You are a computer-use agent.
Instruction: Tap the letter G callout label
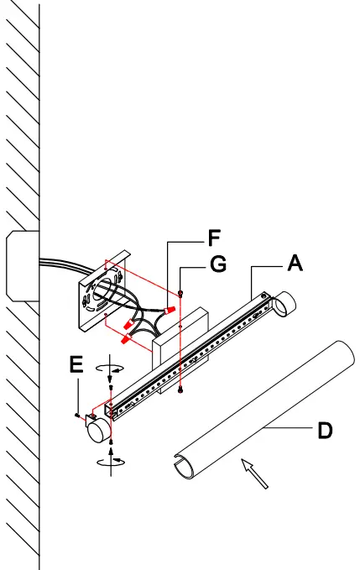218,265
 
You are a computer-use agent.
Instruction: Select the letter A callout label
295,263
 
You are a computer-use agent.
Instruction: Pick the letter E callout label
76,366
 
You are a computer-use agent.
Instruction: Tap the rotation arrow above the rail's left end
110,369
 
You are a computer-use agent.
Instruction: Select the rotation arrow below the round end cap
109,458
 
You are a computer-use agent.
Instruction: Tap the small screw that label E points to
77,413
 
